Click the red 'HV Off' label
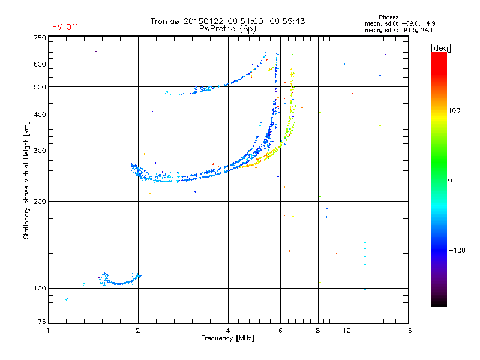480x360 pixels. pos(65,27)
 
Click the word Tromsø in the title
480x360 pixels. pos(166,21)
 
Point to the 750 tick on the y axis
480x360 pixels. pos(40,38)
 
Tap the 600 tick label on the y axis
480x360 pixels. pos(40,64)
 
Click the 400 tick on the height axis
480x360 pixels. pos(40,115)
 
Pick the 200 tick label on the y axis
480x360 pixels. pos(40,201)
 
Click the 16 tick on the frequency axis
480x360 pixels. pos(407,331)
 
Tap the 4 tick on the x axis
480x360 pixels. pos(228,331)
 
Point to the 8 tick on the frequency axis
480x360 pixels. pos(319,331)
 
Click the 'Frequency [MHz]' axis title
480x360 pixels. pos(227,339)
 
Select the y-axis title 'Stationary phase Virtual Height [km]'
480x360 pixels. pos(26,180)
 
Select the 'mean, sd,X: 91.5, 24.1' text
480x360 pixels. pos(399,29)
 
